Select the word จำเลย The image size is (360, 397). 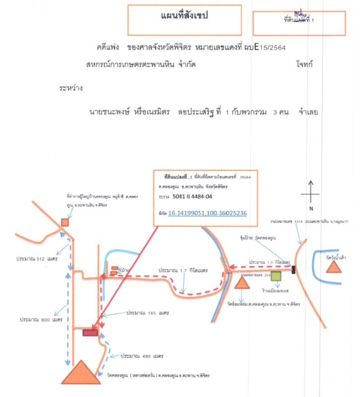coord(308,112)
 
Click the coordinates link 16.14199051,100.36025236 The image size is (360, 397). coord(208,213)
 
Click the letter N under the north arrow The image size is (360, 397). coord(311,208)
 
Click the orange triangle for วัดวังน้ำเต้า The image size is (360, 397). coord(334,267)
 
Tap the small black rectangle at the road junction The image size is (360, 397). coord(294,270)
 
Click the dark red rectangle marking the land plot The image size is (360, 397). coord(90,332)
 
